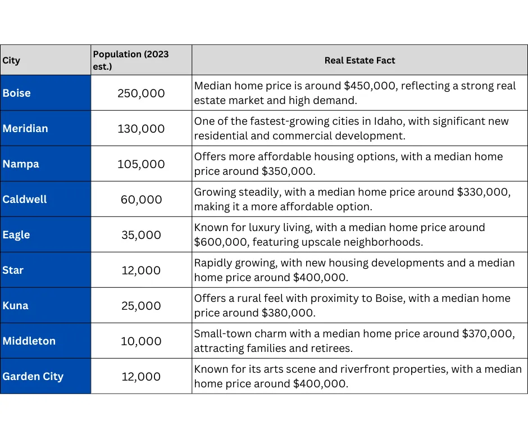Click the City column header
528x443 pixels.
11,60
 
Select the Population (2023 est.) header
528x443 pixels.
131,60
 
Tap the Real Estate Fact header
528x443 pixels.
359,60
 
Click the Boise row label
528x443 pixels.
16,93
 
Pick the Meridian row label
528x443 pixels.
25,128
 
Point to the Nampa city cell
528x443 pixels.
21,164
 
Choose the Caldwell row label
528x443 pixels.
25,199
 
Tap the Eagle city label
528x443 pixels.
16,234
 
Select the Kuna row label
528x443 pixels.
16,305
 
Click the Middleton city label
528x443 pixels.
29,341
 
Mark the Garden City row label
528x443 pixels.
33,376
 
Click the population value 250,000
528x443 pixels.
141,93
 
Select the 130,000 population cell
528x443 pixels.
141,129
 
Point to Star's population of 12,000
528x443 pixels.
141,270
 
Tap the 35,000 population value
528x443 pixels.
141,235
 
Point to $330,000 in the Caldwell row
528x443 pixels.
484,192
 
